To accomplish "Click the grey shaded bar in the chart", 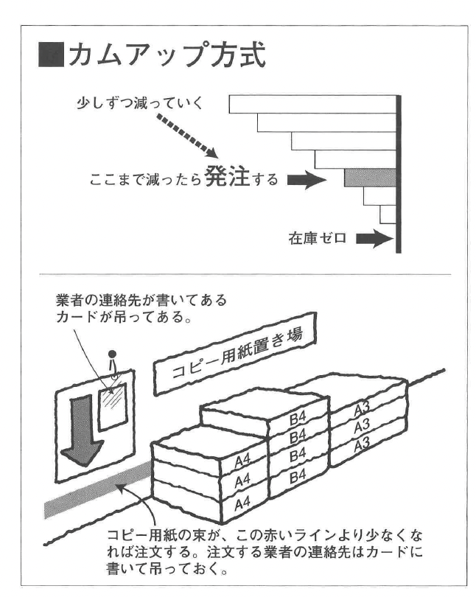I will tap(369, 177).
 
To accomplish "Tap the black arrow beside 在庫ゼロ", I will tap(373, 239).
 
